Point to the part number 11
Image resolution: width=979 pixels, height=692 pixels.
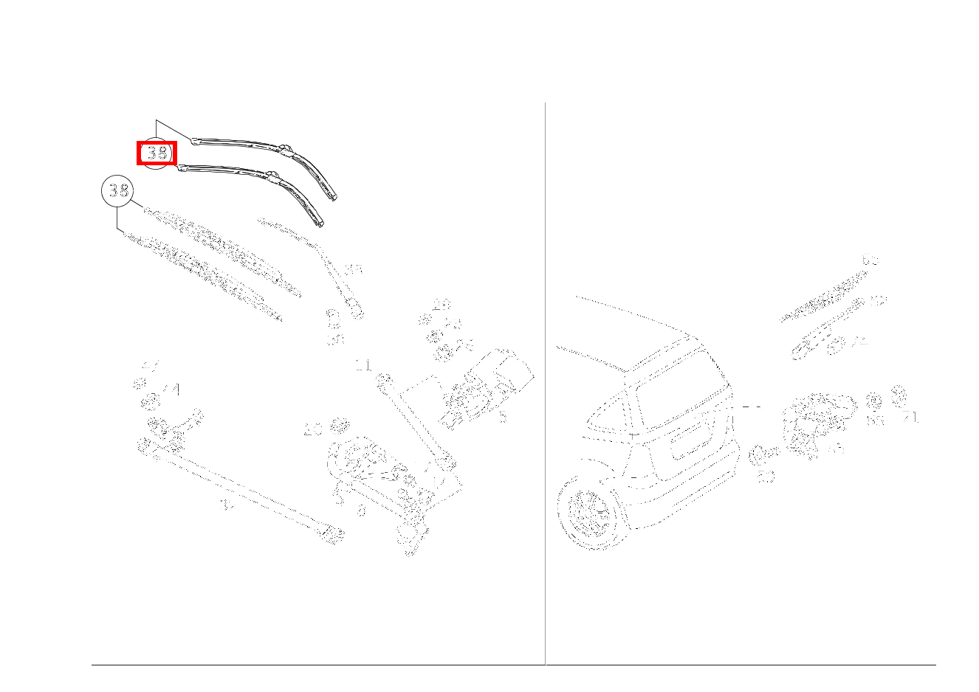click(x=363, y=364)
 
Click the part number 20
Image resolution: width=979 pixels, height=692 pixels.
click(x=313, y=430)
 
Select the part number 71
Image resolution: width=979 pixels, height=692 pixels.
click(x=911, y=418)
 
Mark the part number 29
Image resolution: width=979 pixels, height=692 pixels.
click(x=442, y=303)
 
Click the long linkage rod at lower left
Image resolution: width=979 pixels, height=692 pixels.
click(x=236, y=490)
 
